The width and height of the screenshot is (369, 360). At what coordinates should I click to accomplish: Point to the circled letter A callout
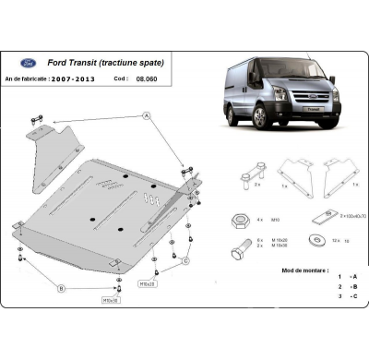[x=146, y=114]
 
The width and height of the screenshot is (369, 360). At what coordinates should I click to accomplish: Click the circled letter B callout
[x=62, y=289]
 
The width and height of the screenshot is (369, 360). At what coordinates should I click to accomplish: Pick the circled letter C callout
[x=186, y=260]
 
